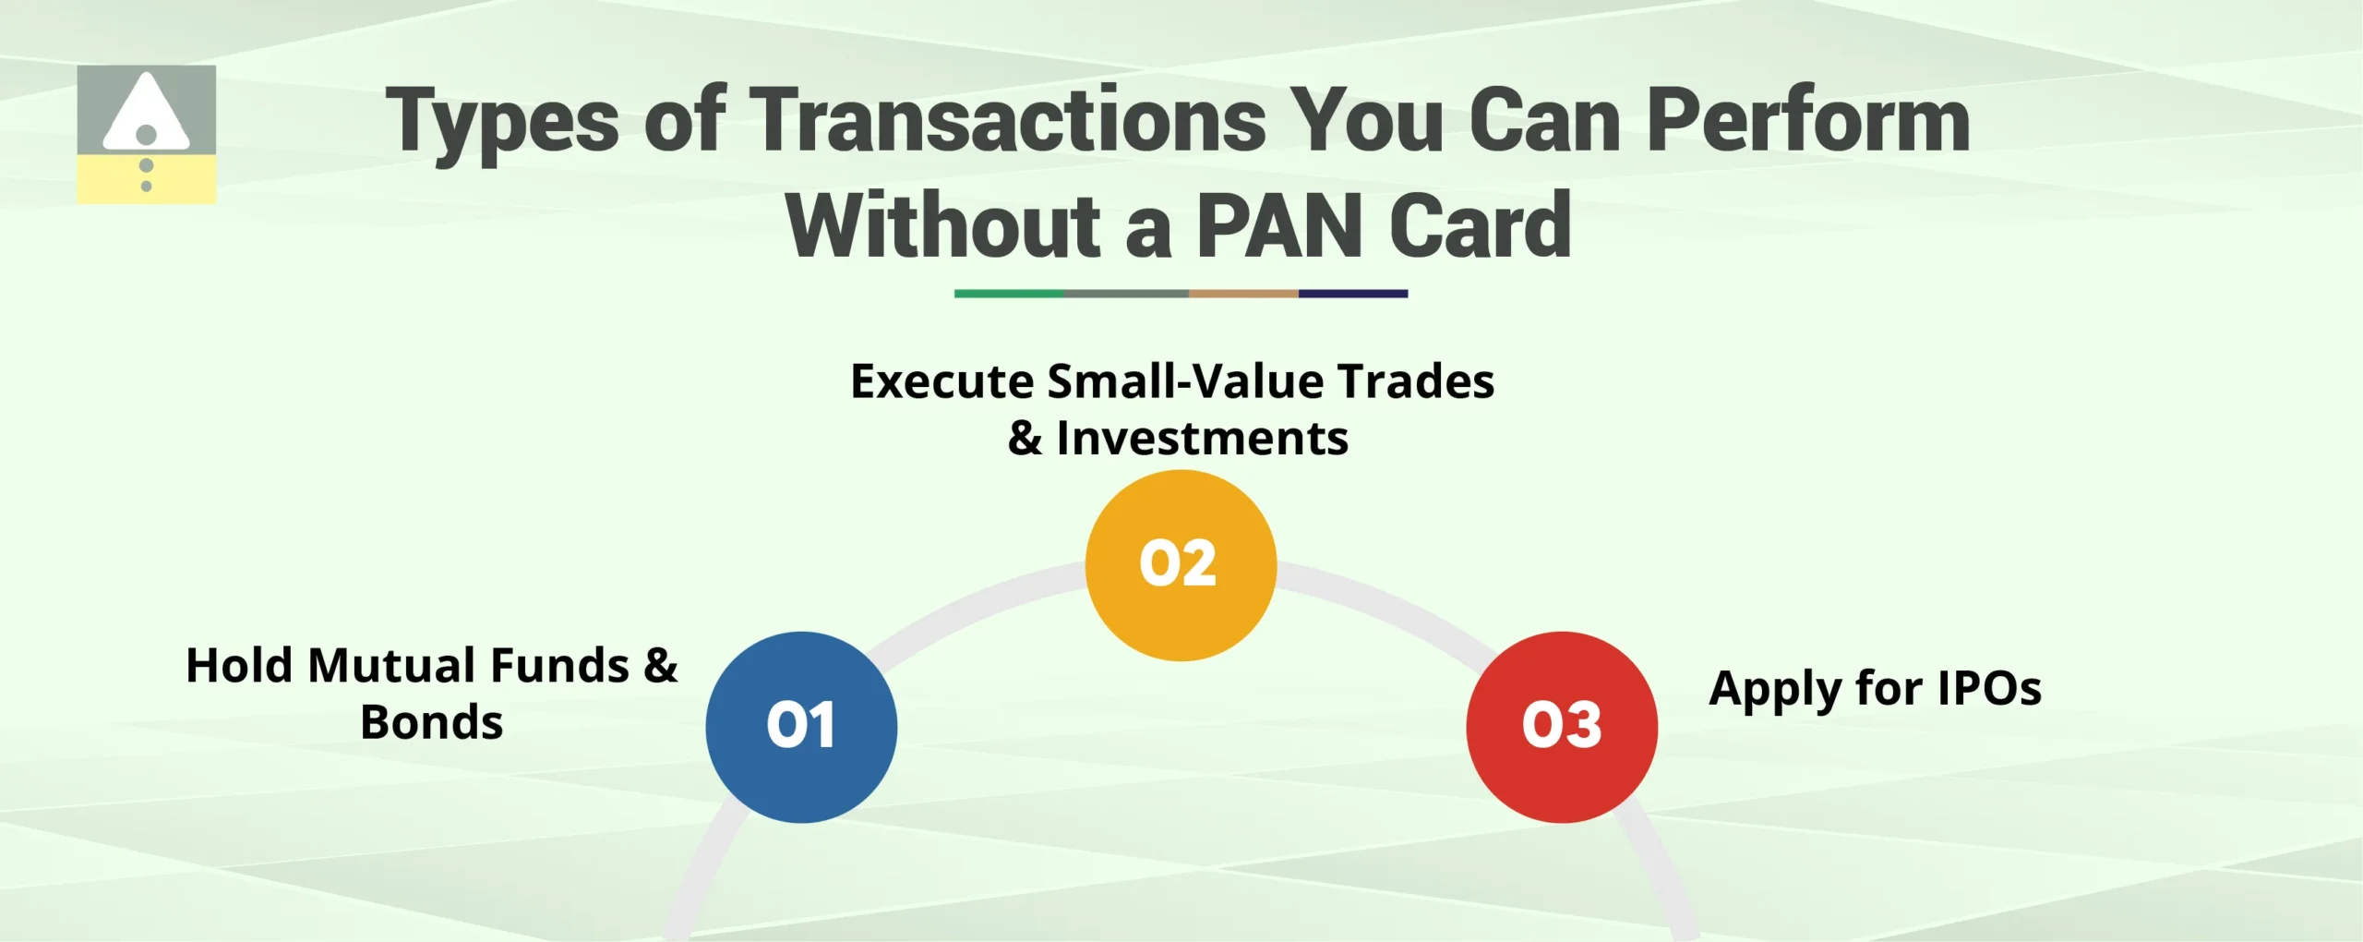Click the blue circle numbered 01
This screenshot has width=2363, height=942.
tap(801, 727)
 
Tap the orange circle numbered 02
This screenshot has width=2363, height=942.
tap(1181, 564)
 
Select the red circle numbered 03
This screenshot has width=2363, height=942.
tap(1562, 727)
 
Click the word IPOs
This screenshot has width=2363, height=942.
tap(1989, 688)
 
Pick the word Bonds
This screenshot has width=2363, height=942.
tap(432, 722)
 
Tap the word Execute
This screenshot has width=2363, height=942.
tap(942, 381)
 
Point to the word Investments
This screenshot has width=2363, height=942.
tap(1202, 438)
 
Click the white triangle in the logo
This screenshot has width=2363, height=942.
tap(146, 114)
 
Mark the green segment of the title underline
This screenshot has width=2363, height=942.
tap(1008, 294)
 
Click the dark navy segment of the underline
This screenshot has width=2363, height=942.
tap(1353, 294)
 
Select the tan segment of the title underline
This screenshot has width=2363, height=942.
tap(1243, 294)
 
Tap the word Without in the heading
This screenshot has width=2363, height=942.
tap(943, 226)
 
